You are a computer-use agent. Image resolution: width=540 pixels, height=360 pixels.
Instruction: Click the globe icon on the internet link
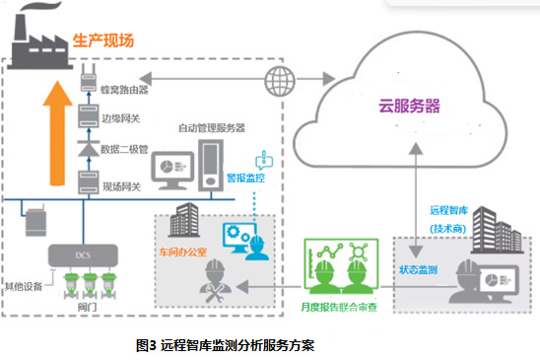(280, 81)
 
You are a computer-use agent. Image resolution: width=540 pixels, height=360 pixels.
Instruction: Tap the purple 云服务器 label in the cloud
(409, 106)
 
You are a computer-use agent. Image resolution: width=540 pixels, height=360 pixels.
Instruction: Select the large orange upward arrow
(57, 133)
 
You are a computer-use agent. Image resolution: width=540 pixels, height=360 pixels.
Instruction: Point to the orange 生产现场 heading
(103, 40)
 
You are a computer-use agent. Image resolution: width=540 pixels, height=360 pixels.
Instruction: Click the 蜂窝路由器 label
(124, 90)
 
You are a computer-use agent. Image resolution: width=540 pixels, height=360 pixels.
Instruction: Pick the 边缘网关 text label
(121, 118)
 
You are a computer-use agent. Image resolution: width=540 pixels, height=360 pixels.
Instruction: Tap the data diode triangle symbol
(89, 149)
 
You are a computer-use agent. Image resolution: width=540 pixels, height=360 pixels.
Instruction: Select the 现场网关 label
(121, 186)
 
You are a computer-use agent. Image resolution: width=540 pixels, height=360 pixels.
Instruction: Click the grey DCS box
(83, 255)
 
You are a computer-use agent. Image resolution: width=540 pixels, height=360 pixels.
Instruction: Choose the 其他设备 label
(24, 286)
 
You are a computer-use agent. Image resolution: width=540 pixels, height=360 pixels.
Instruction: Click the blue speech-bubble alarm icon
(264, 160)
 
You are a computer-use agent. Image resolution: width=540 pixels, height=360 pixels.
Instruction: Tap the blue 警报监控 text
(246, 178)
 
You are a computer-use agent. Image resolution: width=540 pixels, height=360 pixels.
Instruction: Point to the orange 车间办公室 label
(183, 252)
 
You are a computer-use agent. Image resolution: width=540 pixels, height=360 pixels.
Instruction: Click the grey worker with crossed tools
(215, 281)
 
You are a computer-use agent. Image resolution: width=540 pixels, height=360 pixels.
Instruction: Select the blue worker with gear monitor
(246, 242)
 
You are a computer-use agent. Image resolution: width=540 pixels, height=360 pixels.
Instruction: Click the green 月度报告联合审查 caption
(339, 307)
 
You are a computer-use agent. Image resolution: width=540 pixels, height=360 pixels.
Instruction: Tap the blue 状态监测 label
(418, 269)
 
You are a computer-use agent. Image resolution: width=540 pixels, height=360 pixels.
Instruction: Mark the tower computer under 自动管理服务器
(211, 165)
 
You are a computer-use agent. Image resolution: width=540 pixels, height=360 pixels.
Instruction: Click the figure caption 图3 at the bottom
(226, 345)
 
